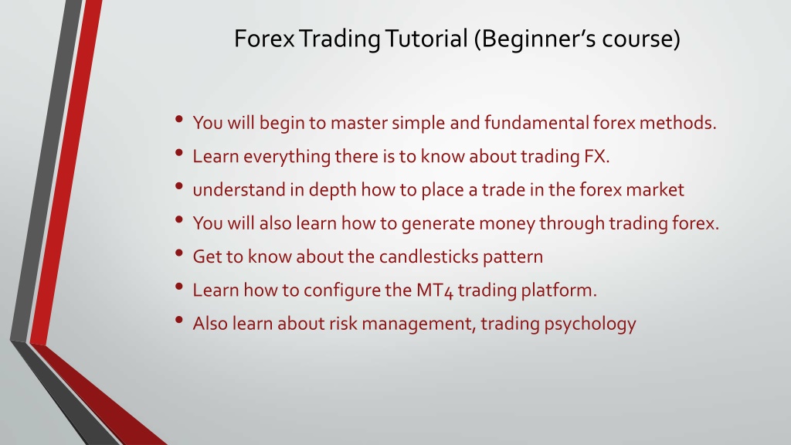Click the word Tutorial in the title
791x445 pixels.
pos(426,39)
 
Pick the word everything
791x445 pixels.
pos(287,157)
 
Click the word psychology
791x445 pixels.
pos(589,324)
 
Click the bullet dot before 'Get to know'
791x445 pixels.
pos(179,253)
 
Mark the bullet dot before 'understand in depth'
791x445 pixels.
pos(179,186)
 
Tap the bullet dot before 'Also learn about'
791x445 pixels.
pos(179,320)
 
